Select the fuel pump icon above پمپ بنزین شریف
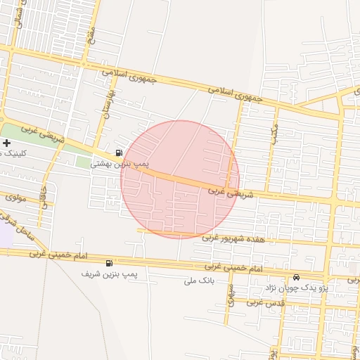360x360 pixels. click(x=108, y=264)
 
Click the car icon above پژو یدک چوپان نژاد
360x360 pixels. click(x=296, y=277)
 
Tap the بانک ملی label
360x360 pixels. click(x=198, y=281)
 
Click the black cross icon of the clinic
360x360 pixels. click(x=6, y=143)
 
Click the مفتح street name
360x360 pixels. click(x=90, y=32)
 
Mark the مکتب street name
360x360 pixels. click(x=275, y=132)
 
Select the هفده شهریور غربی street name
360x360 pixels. click(x=234, y=238)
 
